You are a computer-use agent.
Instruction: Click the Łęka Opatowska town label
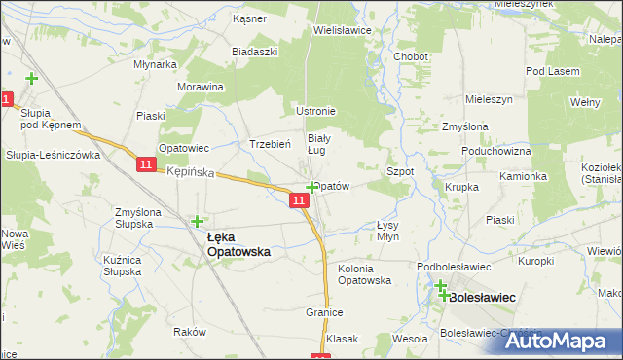pyautogui.click(x=238, y=243)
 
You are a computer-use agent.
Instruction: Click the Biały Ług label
pyautogui.click(x=320, y=144)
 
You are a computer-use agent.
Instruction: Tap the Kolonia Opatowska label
pyautogui.click(x=364, y=273)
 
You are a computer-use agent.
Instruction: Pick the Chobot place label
pyautogui.click(x=411, y=57)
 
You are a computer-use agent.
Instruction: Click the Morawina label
pyautogui.click(x=202, y=87)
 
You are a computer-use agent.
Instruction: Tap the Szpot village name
pyautogui.click(x=400, y=171)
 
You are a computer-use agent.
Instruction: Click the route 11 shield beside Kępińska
pyautogui.click(x=145, y=165)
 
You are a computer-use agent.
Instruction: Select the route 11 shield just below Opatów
pyautogui.click(x=299, y=200)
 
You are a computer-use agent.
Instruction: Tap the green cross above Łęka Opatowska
pyautogui.click(x=199, y=222)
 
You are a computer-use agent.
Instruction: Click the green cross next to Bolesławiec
pyautogui.click(x=441, y=288)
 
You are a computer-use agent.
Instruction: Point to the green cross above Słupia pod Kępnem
pyautogui.click(x=32, y=79)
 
